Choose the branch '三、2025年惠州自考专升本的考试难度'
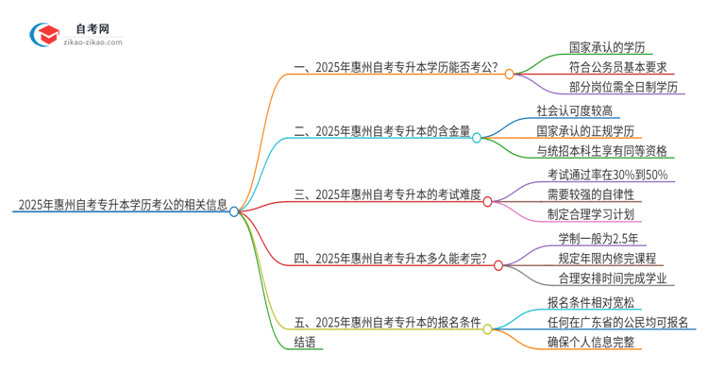388,195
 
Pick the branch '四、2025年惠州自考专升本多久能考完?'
390,259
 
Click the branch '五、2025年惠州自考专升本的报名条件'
388,324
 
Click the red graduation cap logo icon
44,35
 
